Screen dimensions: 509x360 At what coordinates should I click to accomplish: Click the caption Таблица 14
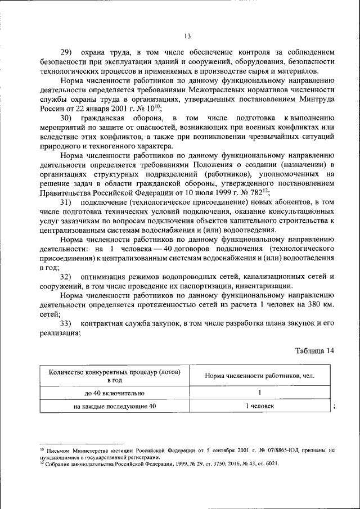[x=314, y=350]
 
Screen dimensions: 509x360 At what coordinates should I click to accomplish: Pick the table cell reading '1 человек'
[x=259, y=406]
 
